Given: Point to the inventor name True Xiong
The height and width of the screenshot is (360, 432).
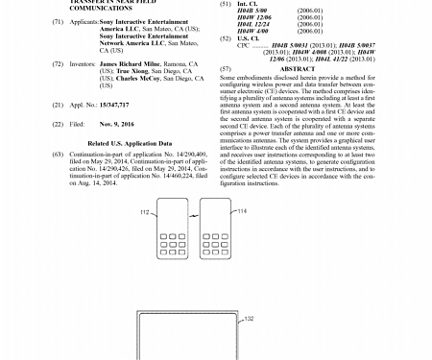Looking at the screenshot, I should click(x=118, y=70).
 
